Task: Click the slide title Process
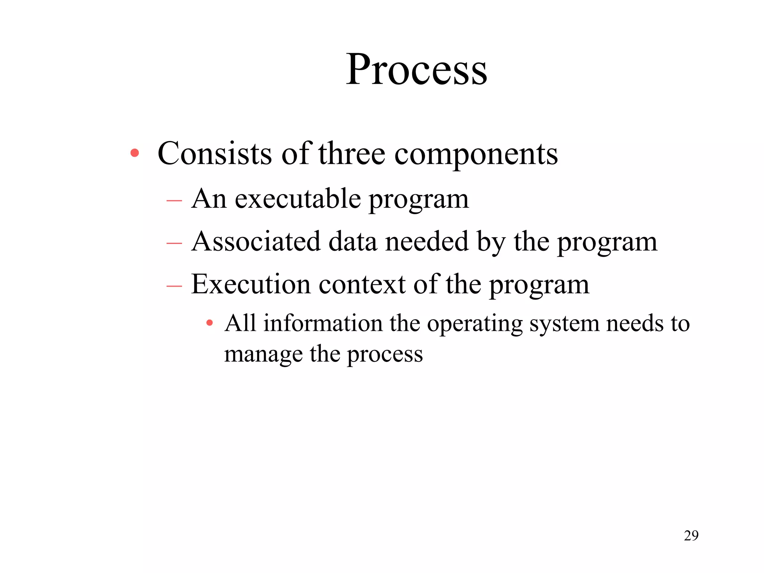pos(416,69)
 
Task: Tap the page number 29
pos(691,536)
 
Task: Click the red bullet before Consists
pos(135,153)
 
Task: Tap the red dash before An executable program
pos(174,201)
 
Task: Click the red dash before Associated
pos(174,244)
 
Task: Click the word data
pos(353,241)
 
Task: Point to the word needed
pos(427,241)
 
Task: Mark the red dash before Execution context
pos(174,286)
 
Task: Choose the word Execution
pos(251,284)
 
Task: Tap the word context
pos(362,284)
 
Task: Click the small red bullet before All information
pos(210,323)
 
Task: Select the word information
pos(323,323)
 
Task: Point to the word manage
pos(263,354)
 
